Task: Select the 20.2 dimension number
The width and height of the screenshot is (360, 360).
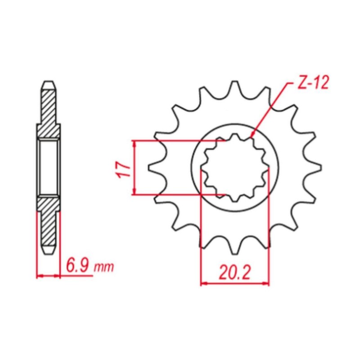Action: (x=234, y=273)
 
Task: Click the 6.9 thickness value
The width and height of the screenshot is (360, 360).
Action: (x=77, y=266)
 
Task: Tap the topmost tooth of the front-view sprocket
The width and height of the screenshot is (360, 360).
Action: (x=234, y=88)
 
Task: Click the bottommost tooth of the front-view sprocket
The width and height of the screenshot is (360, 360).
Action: (x=234, y=247)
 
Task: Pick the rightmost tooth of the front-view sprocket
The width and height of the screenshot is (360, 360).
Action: (x=313, y=167)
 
